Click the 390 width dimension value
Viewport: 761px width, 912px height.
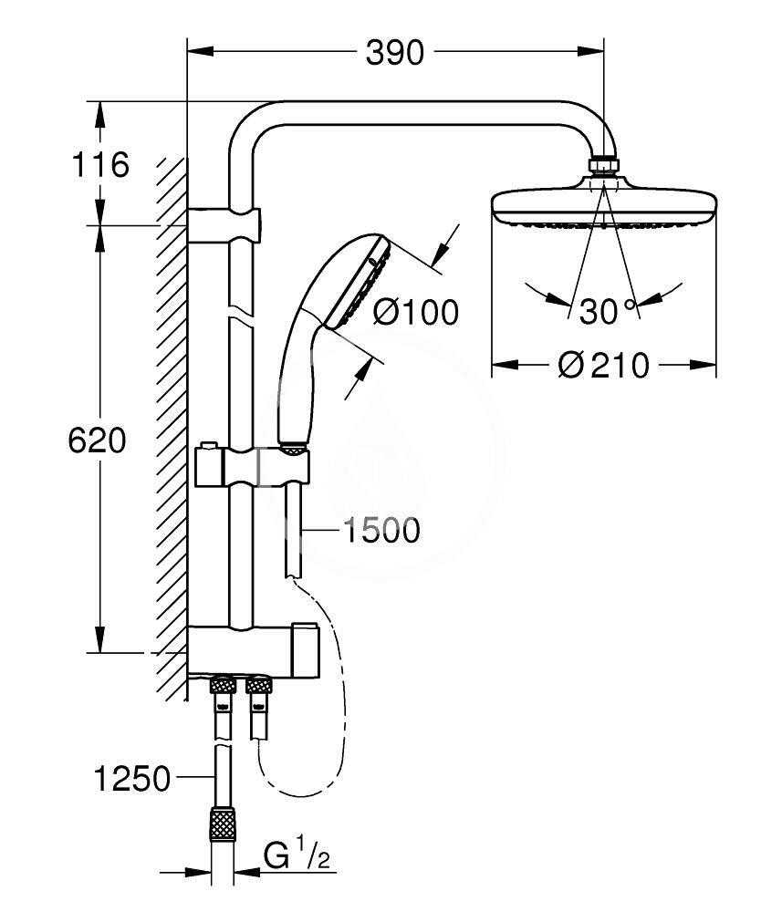(394, 54)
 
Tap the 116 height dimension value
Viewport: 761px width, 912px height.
(99, 164)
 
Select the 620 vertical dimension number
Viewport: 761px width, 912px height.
(97, 440)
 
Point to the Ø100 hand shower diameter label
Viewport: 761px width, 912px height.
(415, 312)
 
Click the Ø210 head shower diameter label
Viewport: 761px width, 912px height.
(603, 366)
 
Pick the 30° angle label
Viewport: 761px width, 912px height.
(607, 311)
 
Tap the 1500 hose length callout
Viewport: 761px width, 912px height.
(381, 531)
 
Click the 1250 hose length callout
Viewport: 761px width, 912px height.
(132, 778)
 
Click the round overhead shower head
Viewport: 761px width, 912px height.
(604, 204)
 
